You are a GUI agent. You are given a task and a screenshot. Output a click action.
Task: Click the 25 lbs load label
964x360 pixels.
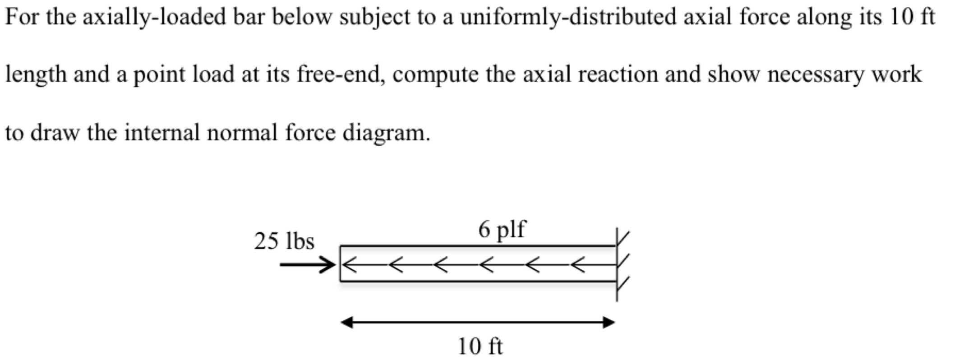coord(284,241)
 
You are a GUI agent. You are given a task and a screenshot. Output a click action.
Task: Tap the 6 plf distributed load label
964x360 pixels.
coord(502,230)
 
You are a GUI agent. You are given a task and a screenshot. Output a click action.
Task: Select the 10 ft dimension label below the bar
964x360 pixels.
coord(480,346)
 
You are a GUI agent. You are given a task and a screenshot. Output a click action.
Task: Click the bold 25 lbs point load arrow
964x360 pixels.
coord(307,265)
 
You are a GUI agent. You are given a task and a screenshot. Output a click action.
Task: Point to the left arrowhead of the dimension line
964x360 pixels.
coord(347,323)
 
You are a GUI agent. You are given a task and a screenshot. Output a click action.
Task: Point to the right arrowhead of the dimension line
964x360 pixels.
coord(609,323)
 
